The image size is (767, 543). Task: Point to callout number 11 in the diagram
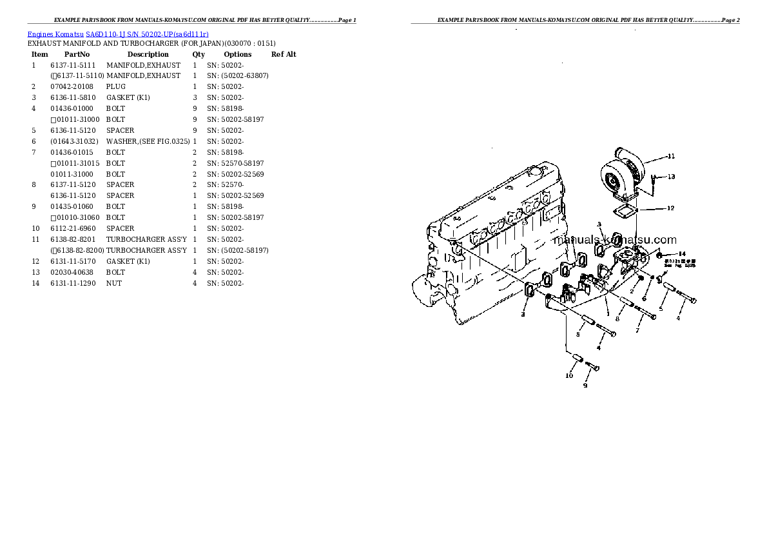coord(671,156)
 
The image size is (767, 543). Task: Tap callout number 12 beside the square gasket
coord(670,208)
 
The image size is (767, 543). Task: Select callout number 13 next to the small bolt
coord(671,177)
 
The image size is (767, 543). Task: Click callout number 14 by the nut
coord(682,253)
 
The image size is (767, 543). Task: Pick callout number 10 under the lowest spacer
coord(569,375)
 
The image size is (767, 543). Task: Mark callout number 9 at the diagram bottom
coord(585,386)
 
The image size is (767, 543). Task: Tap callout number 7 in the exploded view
coord(637,331)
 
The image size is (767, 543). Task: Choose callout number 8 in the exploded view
coord(617,319)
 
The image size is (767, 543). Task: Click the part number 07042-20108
coord(72,86)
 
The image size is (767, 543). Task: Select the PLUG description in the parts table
coord(116,86)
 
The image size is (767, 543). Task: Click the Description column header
coord(148,55)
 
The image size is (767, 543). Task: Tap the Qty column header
coord(199,55)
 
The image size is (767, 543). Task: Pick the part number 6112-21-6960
coord(73,228)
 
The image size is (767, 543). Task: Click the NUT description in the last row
coord(114,283)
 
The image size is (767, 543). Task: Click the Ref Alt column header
coord(284,55)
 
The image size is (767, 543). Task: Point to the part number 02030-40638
coord(72,272)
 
